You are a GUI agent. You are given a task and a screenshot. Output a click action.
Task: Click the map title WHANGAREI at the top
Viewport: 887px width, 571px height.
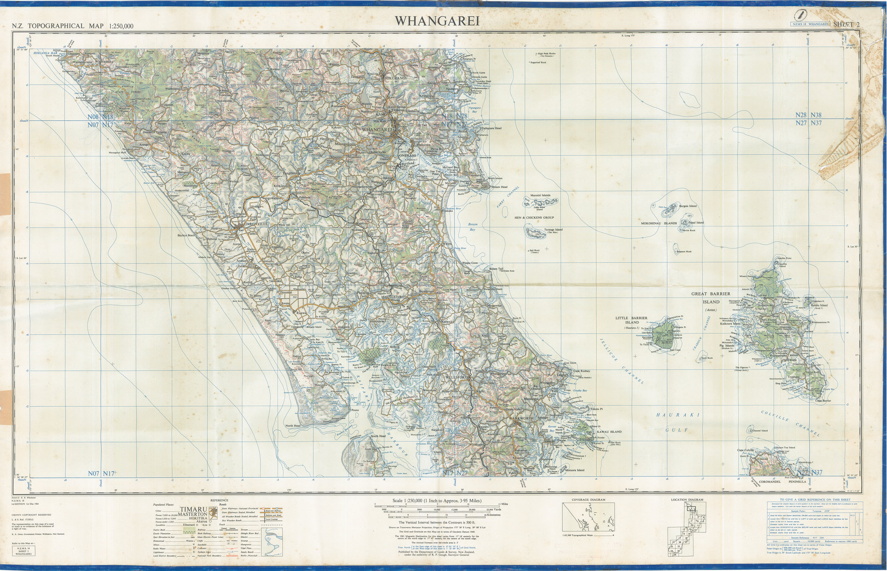tap(437, 21)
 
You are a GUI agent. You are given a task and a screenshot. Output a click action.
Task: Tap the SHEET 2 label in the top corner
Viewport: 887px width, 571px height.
tap(846, 24)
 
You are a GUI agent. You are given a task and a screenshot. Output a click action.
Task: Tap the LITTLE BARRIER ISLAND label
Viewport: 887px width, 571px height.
tap(631, 320)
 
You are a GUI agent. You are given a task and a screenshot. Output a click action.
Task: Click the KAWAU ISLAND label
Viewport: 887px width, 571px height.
tap(609, 432)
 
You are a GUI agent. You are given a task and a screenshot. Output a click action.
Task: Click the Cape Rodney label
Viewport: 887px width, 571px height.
tap(581, 371)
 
